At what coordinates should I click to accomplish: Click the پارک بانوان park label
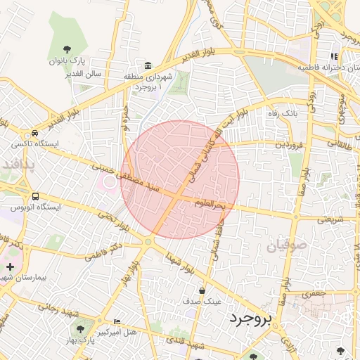click(x=66, y=61)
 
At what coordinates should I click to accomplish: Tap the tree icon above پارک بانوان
click(x=67, y=49)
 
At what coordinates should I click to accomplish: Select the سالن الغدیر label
click(x=85, y=73)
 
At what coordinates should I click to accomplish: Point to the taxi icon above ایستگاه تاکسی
click(x=34, y=133)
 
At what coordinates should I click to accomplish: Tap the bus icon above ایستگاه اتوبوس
click(x=35, y=196)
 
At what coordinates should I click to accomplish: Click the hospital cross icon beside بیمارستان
click(x=10, y=266)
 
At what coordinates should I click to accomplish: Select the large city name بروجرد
click(x=250, y=320)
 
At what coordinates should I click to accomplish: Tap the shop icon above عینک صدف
click(x=202, y=290)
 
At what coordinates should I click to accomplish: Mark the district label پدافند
click(x=19, y=164)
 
